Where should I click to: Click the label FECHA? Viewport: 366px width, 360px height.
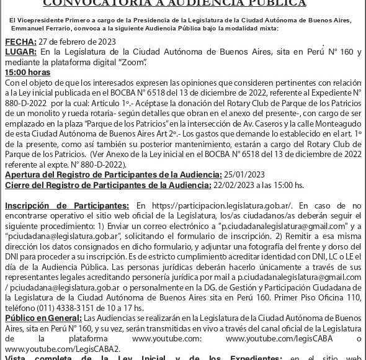click(x=19, y=42)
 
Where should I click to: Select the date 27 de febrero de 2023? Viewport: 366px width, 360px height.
click(x=78, y=42)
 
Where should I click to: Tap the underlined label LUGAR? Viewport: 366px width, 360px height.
click(x=20, y=52)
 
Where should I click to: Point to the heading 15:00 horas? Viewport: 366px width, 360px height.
click(x=27, y=72)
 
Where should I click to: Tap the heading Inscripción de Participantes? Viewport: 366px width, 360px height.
click(x=67, y=205)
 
